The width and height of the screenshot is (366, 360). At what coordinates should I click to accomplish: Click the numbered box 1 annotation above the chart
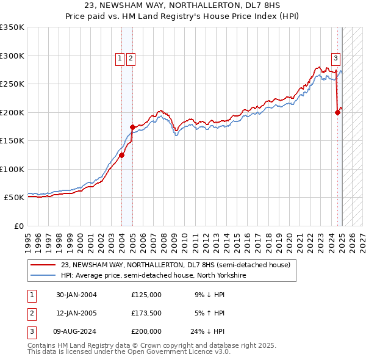click(x=120, y=59)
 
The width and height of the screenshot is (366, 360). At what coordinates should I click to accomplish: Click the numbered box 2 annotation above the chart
click(x=131, y=59)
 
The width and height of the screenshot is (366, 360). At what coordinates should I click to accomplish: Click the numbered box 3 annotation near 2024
click(x=335, y=59)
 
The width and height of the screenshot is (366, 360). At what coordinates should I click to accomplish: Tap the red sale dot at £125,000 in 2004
click(x=121, y=155)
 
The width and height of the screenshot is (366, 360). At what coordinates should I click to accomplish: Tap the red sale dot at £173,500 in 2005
click(x=132, y=127)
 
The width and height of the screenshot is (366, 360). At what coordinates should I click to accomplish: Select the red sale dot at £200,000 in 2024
click(x=337, y=112)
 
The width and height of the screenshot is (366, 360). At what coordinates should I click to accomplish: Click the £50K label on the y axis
click(x=14, y=198)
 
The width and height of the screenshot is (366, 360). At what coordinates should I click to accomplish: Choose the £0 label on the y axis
click(x=18, y=226)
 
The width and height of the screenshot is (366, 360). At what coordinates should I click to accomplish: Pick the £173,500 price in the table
click(x=146, y=313)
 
